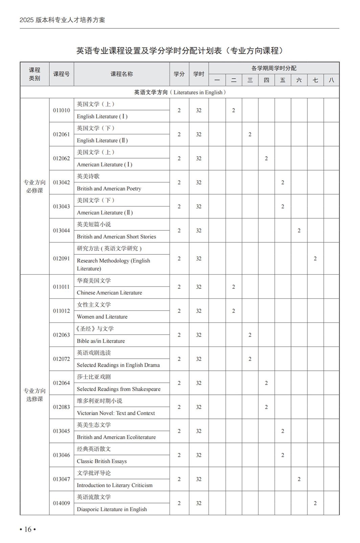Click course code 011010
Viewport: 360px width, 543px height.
(x=62, y=110)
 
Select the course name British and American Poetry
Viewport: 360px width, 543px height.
(x=109, y=188)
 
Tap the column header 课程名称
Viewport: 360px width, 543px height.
(x=121, y=74)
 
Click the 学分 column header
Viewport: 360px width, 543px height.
(x=179, y=74)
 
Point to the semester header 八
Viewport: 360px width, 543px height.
(x=331, y=80)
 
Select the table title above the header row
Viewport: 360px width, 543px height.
(x=179, y=51)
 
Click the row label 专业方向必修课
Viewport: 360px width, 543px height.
(x=35, y=186)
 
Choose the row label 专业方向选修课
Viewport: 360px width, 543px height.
(x=35, y=395)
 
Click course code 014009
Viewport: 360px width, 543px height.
(x=62, y=503)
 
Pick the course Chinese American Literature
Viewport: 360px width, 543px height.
(x=109, y=293)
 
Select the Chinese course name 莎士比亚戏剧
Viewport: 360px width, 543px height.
(x=94, y=377)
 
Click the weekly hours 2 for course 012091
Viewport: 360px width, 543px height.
(x=315, y=258)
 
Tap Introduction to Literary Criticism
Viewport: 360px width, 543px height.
(x=114, y=485)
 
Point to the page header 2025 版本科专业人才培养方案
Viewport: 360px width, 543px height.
(x=62, y=20)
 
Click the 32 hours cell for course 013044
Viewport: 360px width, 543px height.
(x=199, y=230)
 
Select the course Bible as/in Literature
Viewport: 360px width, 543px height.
(x=100, y=341)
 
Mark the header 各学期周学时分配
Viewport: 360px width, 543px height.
(x=274, y=68)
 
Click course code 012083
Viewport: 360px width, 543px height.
(x=62, y=407)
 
